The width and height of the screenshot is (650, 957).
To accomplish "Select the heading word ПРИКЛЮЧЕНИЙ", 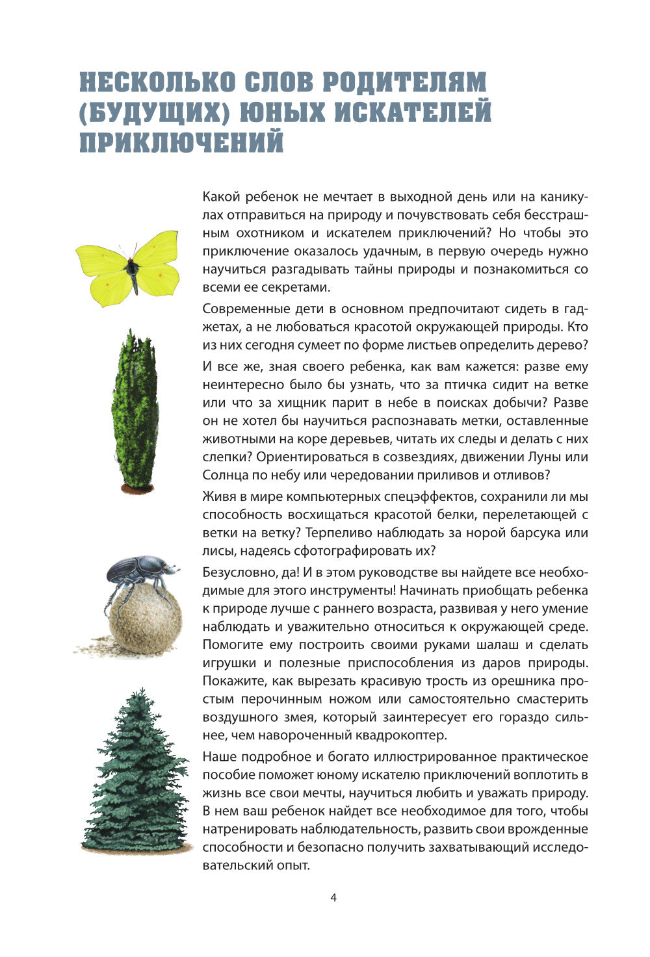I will (181, 142).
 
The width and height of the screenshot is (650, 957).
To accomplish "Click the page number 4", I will (333, 899).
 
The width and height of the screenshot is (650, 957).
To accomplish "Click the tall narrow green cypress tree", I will (135, 409).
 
